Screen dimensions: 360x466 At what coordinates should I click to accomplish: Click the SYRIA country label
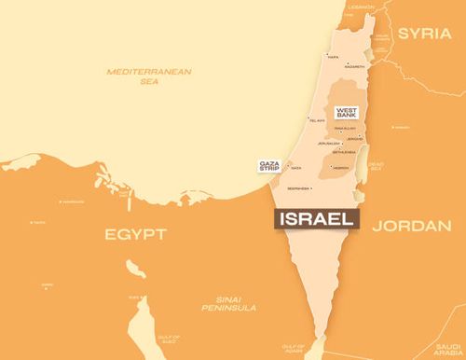pos(424,33)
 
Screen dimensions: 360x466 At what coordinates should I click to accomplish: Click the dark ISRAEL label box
pos(318,219)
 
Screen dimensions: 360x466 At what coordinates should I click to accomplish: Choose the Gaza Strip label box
pos(270,166)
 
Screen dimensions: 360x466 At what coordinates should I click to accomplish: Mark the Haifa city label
pos(333,57)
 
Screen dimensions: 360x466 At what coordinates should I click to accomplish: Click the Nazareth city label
pos(354,67)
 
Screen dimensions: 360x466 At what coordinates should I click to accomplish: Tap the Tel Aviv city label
pos(317,120)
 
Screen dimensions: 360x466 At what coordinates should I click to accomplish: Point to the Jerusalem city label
pos(328,144)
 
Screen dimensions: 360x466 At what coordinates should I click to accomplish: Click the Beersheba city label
pos(300,188)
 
